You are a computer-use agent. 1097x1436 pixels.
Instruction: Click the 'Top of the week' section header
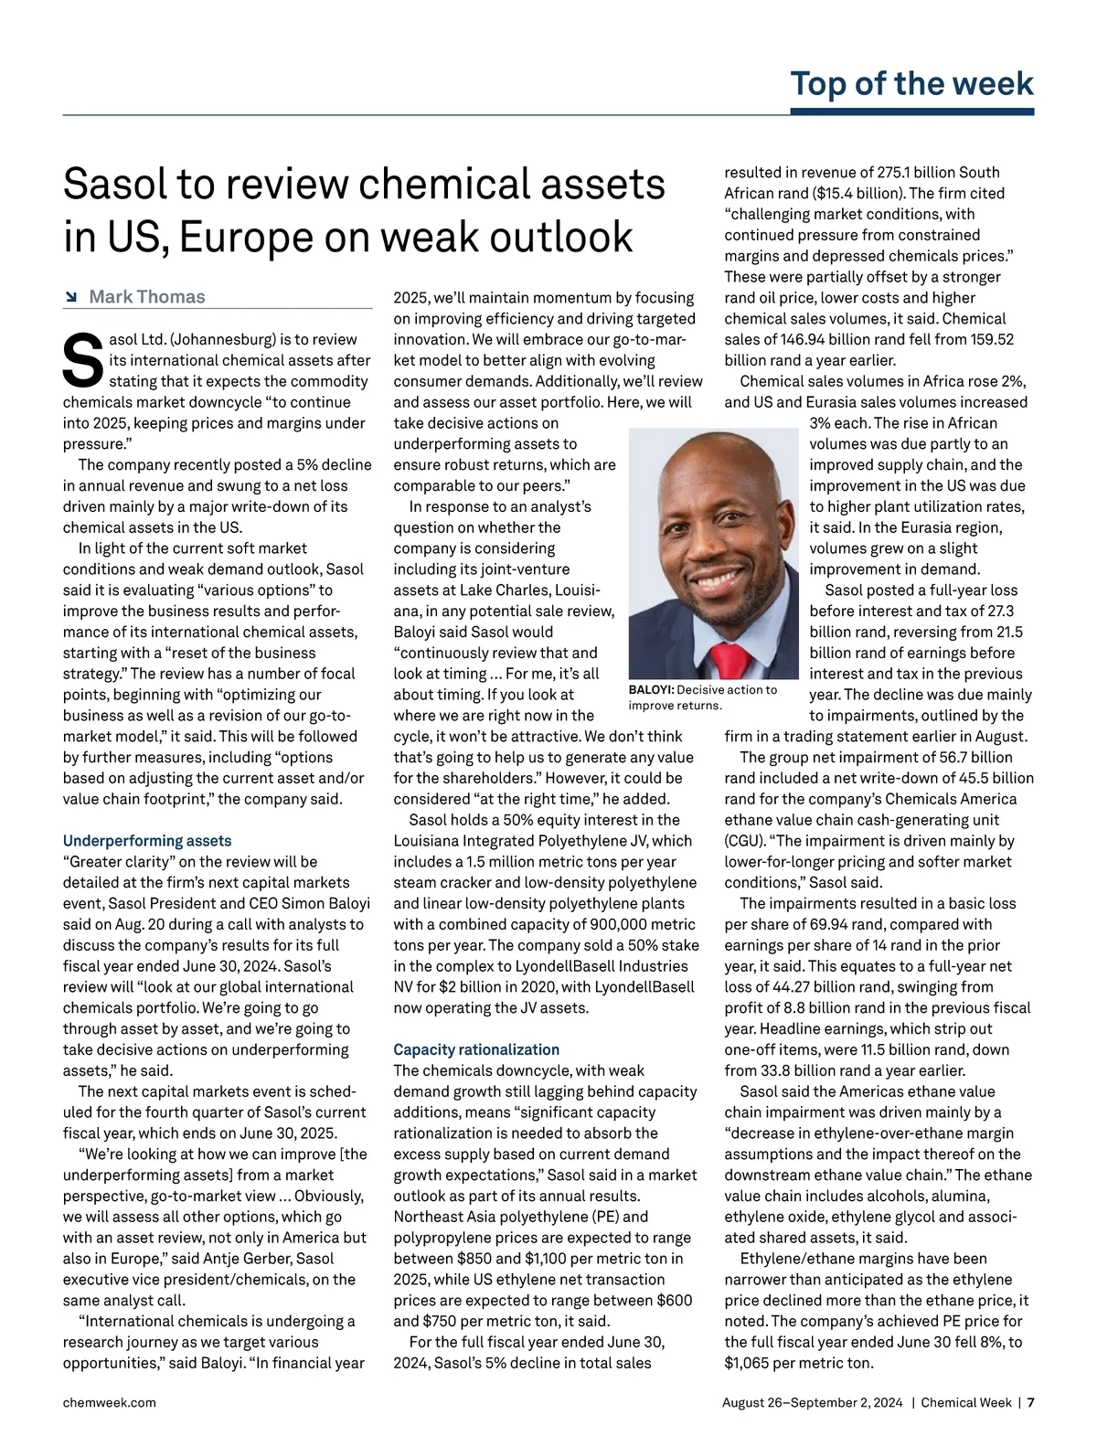911,83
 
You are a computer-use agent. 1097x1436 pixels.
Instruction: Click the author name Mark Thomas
146,296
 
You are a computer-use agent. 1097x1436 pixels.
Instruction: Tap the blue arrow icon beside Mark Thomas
70,297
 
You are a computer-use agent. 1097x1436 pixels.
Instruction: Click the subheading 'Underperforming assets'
147,840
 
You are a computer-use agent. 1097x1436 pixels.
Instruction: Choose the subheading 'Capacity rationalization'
476,1049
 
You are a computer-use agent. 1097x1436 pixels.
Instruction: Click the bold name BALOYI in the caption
651,690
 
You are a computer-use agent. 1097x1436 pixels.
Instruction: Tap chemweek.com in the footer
109,1402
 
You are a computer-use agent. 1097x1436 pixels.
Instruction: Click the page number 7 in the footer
1030,1402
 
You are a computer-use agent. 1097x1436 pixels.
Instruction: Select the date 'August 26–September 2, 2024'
812,1402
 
